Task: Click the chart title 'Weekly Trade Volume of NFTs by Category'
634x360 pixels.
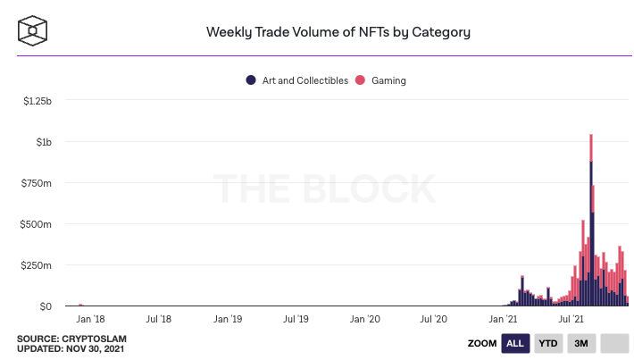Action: (338, 32)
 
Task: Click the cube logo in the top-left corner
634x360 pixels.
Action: (32, 31)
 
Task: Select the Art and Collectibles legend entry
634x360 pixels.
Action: (297, 80)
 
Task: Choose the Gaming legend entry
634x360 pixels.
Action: (381, 80)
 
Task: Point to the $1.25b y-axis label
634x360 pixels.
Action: (37, 101)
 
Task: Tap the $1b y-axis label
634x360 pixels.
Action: (43, 142)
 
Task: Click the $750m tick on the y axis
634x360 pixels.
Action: (37, 183)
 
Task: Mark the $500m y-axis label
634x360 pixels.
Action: (37, 224)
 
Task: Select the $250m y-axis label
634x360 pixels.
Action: (37, 265)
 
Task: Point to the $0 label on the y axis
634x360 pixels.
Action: (45, 306)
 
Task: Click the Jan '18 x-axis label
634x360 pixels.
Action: (90, 319)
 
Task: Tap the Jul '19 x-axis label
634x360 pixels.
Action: (296, 319)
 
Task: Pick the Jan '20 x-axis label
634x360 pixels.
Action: (364, 319)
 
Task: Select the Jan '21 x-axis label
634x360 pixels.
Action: (502, 319)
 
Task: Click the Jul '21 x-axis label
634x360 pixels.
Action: (571, 319)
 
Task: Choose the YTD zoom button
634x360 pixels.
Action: (548, 343)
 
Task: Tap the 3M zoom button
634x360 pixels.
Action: (581, 343)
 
